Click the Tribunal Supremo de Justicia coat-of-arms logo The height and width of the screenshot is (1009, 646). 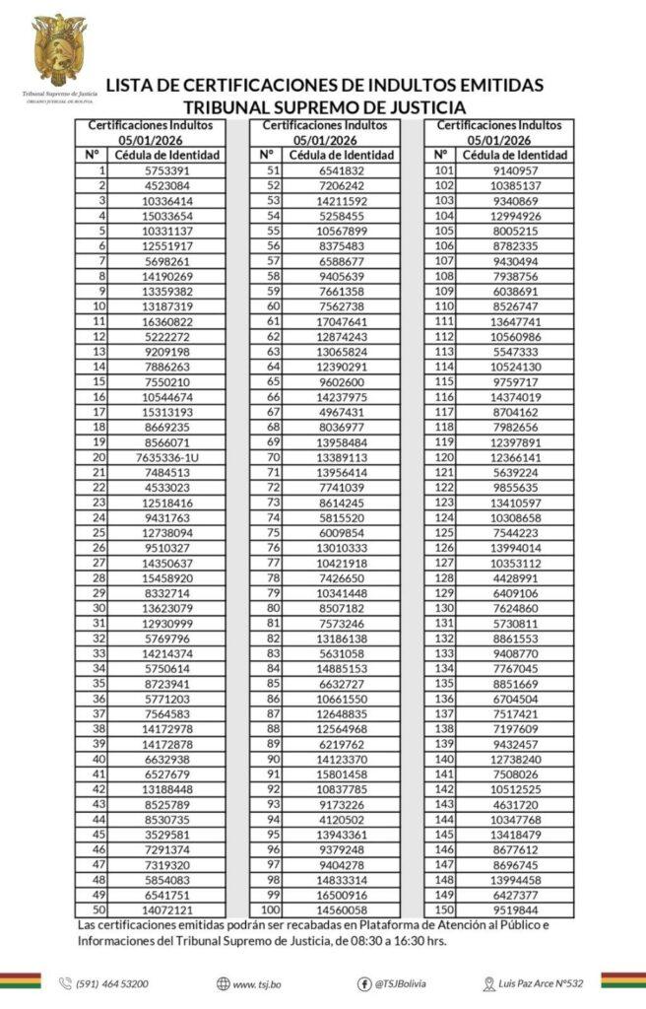tap(59, 49)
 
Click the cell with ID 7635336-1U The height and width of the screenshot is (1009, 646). tap(166, 457)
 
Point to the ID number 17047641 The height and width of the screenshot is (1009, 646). tap(341, 321)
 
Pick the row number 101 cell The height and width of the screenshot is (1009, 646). tap(443, 170)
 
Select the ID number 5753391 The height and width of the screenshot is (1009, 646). tap(166, 170)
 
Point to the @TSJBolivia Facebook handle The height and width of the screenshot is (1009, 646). tap(400, 983)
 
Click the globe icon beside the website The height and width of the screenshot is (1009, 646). tap(224, 983)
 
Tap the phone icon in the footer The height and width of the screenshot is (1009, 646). tap(66, 983)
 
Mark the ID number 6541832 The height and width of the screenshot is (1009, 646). tap(341, 170)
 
